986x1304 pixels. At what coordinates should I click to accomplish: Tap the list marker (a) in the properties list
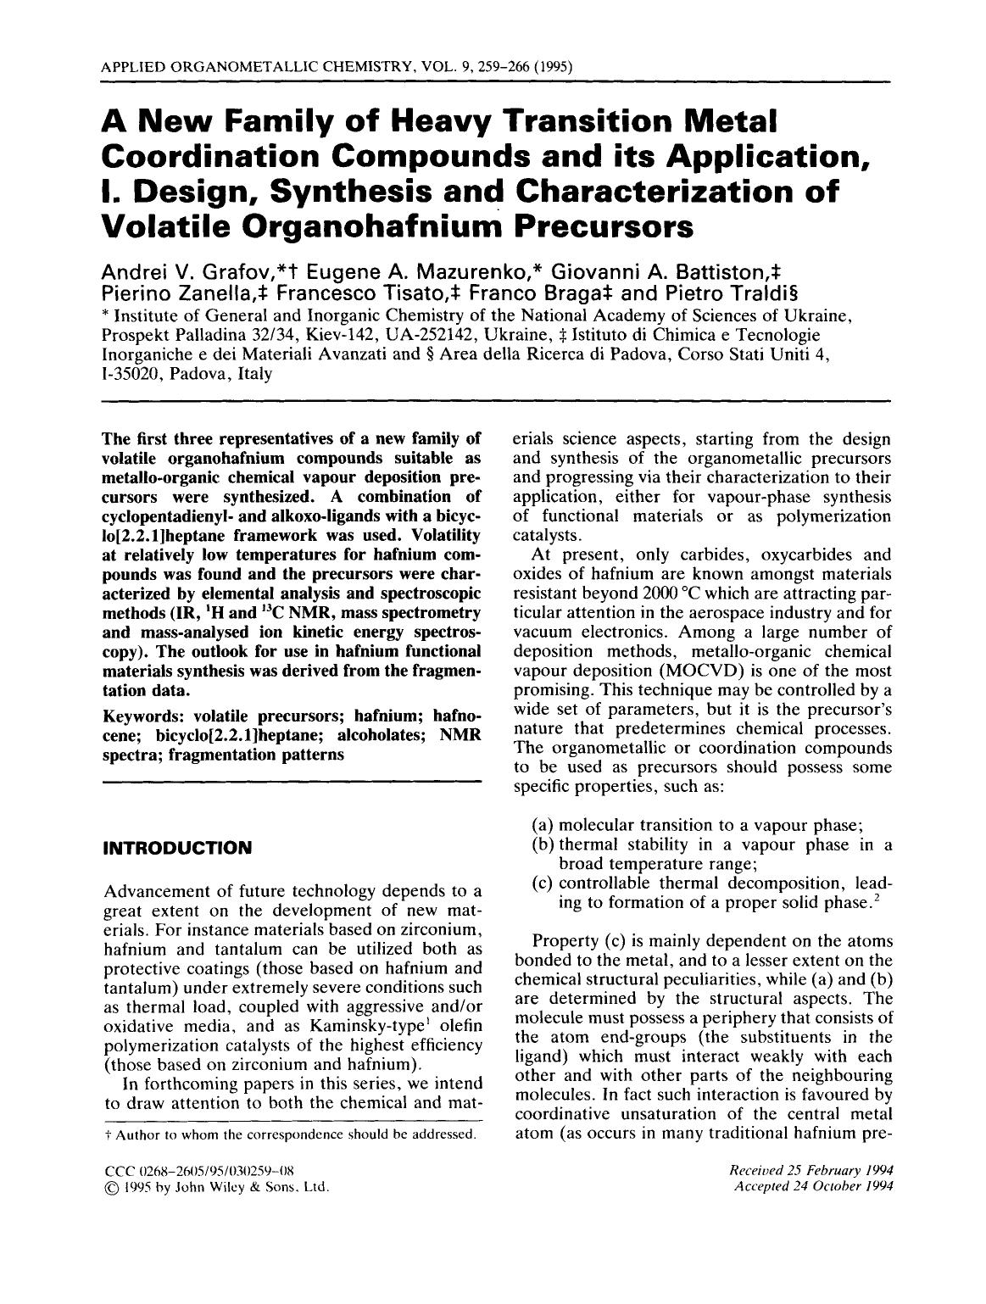coord(543,825)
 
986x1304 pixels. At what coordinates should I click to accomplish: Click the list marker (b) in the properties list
coord(543,844)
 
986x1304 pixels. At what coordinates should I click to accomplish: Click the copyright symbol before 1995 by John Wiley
coord(109,1187)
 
